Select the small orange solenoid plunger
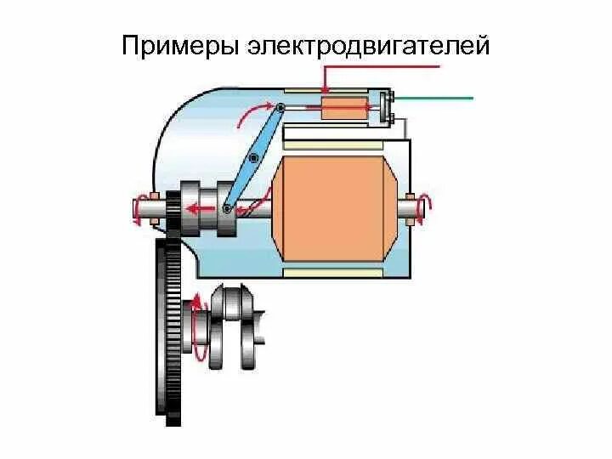pos(344,109)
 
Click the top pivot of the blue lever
pos(280,107)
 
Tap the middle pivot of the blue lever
pos(253,156)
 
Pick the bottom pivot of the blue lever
pos(227,207)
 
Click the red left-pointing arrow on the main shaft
pos(199,207)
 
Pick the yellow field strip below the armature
pos(336,272)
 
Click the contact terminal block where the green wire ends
pos(387,106)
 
